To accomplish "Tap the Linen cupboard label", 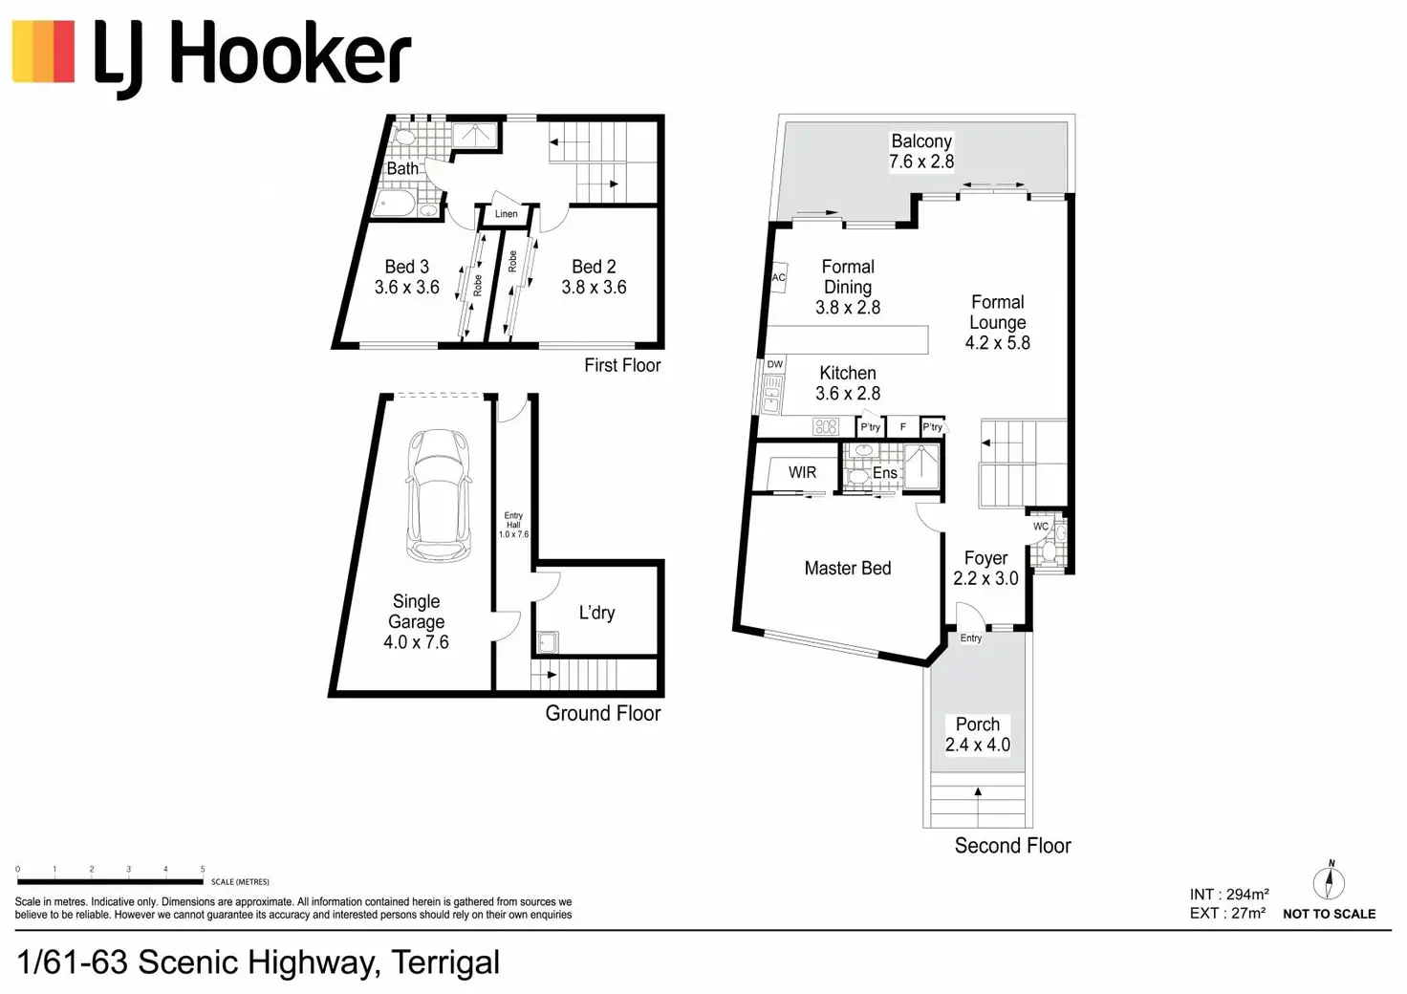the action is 507,214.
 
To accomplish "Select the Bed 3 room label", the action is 407,277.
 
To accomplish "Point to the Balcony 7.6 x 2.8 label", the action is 921,152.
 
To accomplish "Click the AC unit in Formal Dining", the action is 778,278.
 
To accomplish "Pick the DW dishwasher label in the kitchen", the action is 775,364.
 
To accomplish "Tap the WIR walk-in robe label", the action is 802,472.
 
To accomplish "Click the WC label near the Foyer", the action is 1041,527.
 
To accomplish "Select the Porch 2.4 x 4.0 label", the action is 978,735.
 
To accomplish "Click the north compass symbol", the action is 1330,881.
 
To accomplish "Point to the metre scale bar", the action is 110,881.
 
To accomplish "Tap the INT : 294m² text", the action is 1229,895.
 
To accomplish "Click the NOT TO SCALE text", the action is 1329,915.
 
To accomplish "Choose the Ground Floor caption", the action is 603,714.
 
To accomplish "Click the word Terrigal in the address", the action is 446,962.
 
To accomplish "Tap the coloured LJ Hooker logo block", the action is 43,53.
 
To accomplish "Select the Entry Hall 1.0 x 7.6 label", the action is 513,525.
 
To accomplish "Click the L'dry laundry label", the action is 596,613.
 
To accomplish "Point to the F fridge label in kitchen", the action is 902,427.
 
